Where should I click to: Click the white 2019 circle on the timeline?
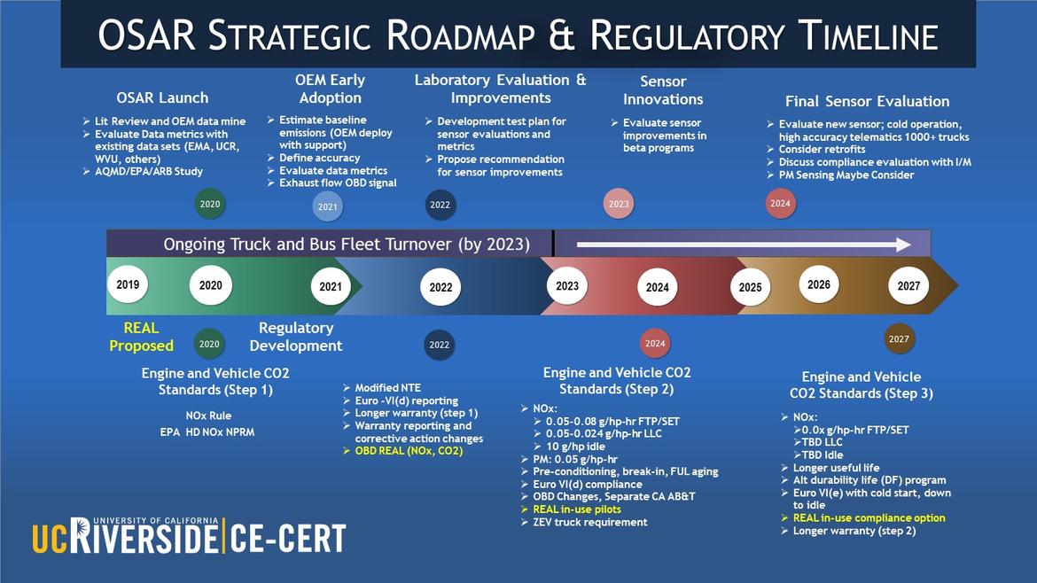click(128, 285)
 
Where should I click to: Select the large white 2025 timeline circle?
click(750, 288)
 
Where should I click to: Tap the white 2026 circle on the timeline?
click(819, 285)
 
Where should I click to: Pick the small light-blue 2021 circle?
click(327, 207)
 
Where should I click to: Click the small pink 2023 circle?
click(619, 204)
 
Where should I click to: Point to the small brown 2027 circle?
click(899, 339)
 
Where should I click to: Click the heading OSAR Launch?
click(162, 97)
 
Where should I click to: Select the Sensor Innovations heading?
click(663, 90)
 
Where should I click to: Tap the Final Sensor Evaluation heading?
click(867, 101)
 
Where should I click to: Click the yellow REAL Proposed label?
click(141, 337)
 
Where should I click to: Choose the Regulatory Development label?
click(295, 337)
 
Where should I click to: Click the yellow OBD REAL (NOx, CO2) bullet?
click(409, 451)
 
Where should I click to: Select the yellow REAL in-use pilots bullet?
click(576, 509)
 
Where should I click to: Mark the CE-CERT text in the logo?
click(289, 537)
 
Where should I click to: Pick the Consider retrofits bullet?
click(822, 150)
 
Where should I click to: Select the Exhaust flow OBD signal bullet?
click(338, 183)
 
